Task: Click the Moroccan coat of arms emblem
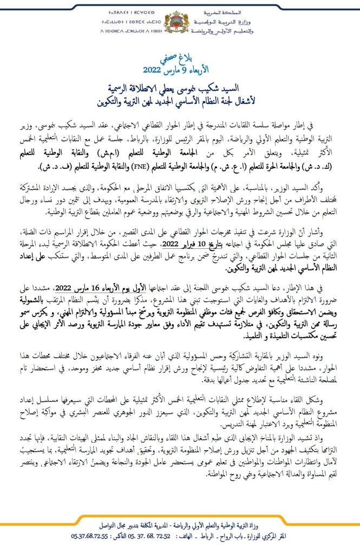(180, 23)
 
